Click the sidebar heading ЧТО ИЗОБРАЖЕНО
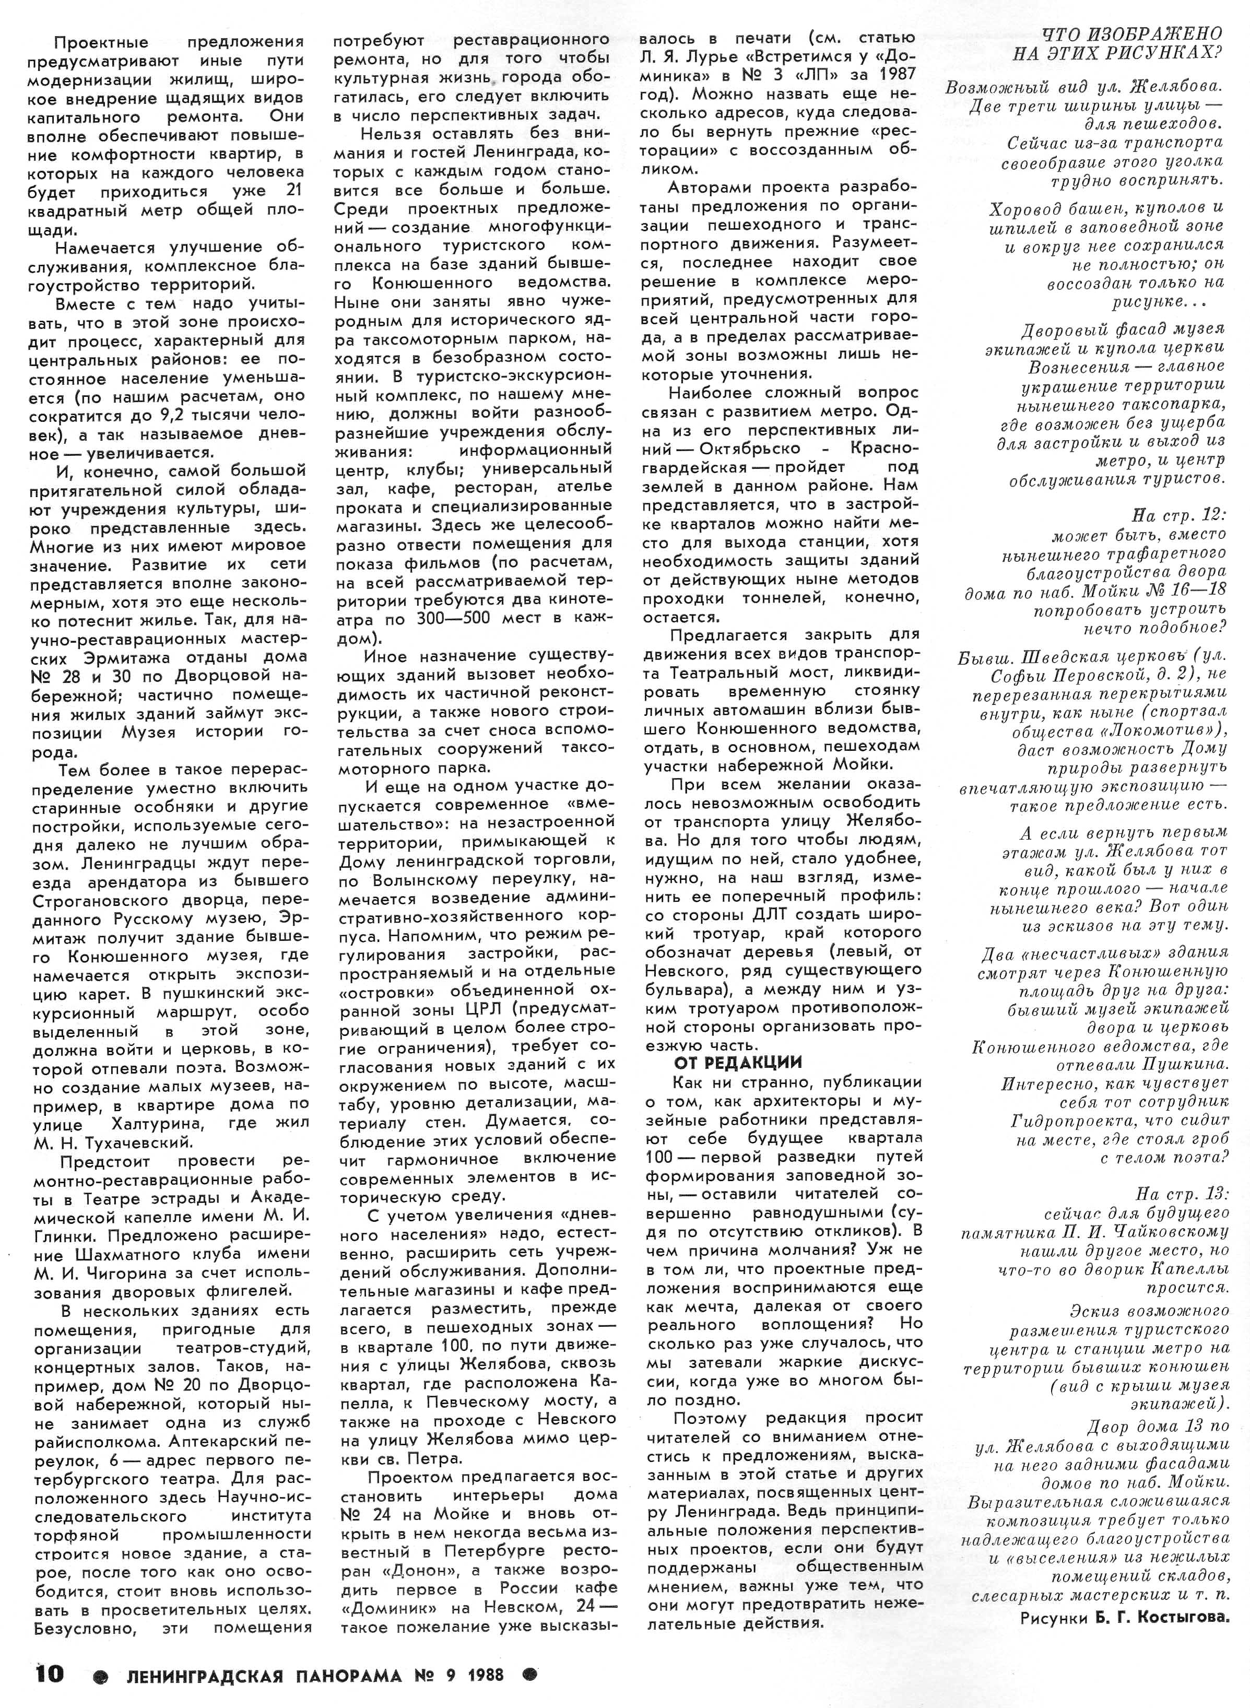(x=1132, y=33)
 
